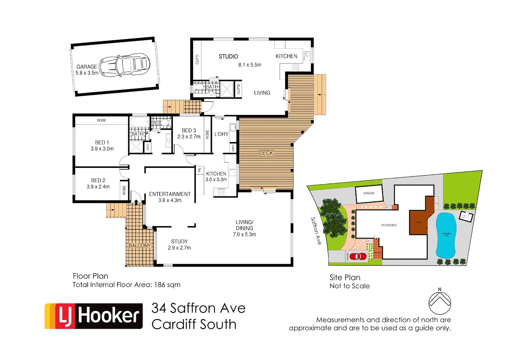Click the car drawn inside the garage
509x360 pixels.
[x=125, y=65]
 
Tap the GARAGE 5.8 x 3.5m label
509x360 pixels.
[x=87, y=70]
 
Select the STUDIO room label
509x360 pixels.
[x=228, y=57]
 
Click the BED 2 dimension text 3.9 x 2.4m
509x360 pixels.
[x=98, y=187]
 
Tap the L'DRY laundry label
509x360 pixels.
[x=221, y=134]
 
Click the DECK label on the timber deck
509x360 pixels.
[x=266, y=153]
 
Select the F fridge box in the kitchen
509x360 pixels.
[x=200, y=171]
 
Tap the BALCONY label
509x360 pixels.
[x=140, y=246]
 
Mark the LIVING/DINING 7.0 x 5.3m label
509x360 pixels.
[x=245, y=228]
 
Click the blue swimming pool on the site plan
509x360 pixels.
[x=446, y=235]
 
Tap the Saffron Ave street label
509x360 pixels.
[x=316, y=231]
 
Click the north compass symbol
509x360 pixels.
[x=440, y=303]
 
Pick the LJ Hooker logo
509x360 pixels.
[x=94, y=316]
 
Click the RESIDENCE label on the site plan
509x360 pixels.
[x=389, y=225]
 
